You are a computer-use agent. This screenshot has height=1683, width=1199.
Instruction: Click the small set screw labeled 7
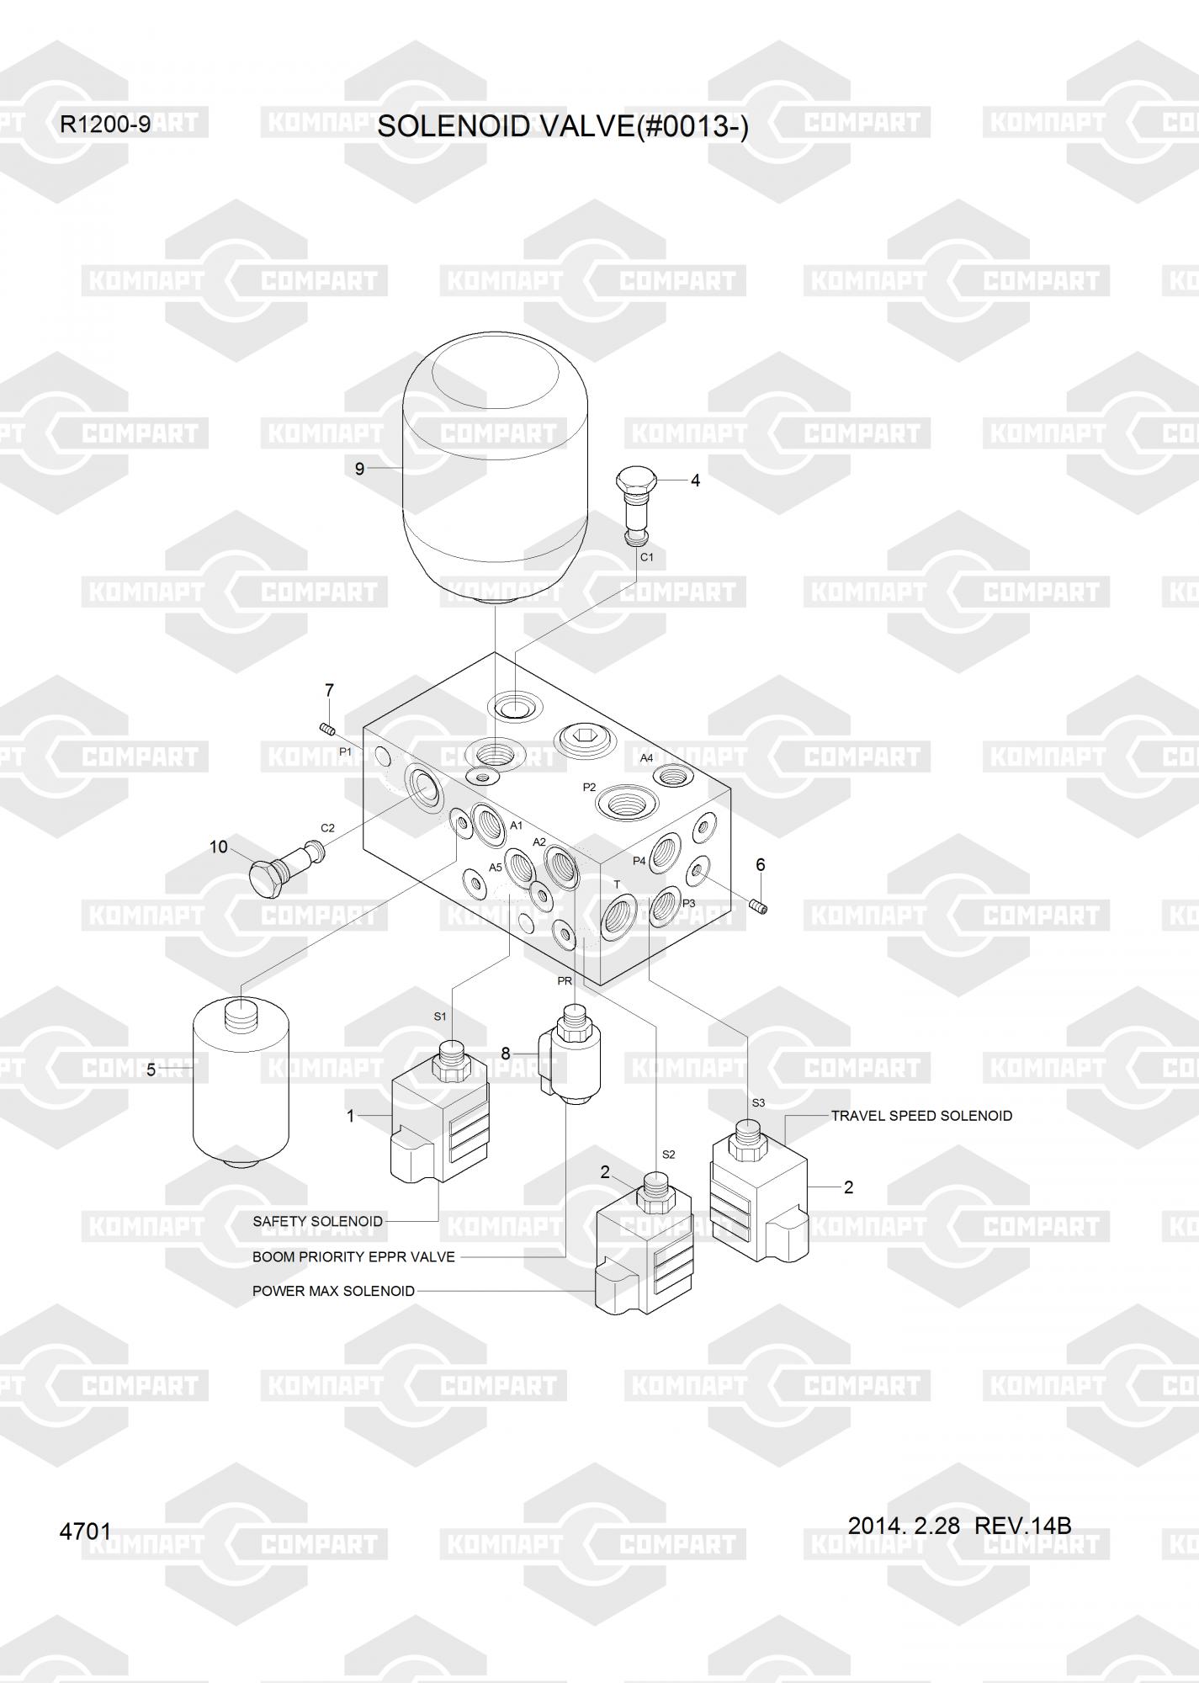[x=327, y=729]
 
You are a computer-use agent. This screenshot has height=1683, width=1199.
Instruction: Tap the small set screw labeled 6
[x=758, y=906]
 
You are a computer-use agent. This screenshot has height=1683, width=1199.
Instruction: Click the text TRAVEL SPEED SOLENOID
[x=921, y=1116]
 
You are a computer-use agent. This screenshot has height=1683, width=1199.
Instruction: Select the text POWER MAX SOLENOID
[x=333, y=1291]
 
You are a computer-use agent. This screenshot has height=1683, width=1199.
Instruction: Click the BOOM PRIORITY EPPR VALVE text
[x=353, y=1257]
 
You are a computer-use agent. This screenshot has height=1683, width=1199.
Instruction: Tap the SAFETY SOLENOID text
[x=317, y=1221]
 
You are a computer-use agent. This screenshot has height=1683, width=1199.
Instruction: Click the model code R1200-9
[x=105, y=125]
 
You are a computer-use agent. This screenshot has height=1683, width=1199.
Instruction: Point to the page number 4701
[x=85, y=1531]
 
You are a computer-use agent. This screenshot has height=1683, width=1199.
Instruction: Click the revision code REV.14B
[x=1021, y=1526]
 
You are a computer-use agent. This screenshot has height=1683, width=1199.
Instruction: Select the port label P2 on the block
[x=589, y=788]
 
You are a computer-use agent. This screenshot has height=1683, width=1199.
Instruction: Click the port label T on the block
[x=617, y=884]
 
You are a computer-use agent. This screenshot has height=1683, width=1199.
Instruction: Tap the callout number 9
[x=359, y=469]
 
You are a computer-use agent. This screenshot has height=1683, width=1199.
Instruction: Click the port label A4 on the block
[x=646, y=758]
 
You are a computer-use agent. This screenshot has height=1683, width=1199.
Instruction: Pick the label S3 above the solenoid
[x=758, y=1102]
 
